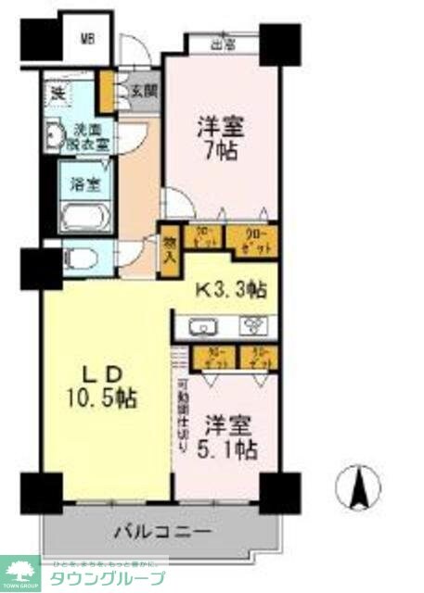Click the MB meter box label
88,39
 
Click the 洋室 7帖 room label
220,137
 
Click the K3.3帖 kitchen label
231,290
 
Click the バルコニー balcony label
163,532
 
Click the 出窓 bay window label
222,43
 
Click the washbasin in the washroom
54,134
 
